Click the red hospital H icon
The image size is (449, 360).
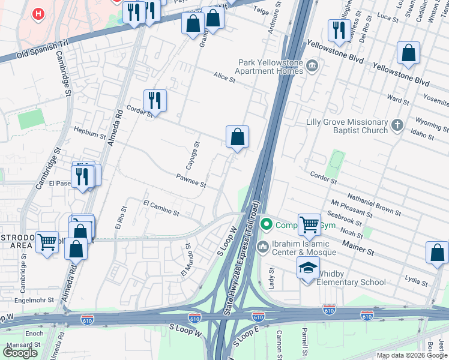point(39,13)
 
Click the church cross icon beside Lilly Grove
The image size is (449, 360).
point(396,125)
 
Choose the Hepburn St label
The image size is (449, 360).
point(89,133)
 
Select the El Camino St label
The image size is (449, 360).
point(161,208)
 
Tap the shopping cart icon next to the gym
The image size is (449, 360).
point(309,225)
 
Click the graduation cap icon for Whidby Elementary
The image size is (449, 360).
point(308,267)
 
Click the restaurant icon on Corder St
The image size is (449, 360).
point(155,100)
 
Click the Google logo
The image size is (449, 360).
point(20,352)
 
